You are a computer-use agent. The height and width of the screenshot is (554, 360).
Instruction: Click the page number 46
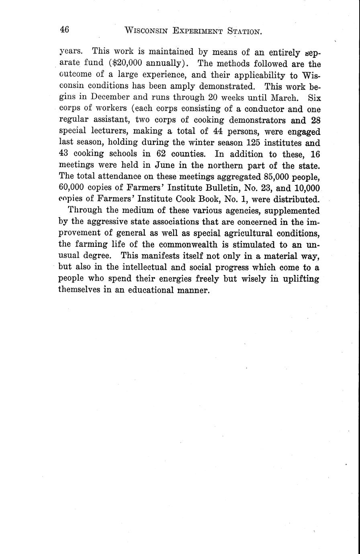pyautogui.click(x=64, y=30)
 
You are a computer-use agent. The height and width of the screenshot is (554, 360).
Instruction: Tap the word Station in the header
pyautogui.click(x=244, y=31)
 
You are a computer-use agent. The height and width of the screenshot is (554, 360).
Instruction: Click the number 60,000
pyautogui.click(x=71, y=188)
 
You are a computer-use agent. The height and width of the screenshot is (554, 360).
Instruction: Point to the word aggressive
pyautogui.click(x=104, y=222)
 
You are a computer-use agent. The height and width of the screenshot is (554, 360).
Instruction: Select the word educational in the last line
pyautogui.click(x=151, y=290)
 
